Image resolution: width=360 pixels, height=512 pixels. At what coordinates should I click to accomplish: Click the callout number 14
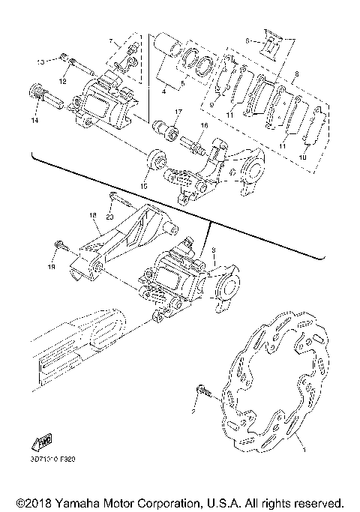coord(33,120)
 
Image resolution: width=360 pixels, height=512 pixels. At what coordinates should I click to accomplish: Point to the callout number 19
coord(53,265)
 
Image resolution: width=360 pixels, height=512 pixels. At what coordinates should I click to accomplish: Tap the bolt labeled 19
coord(62,245)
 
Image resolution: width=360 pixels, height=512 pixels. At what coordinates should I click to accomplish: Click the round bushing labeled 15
coord(155,159)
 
